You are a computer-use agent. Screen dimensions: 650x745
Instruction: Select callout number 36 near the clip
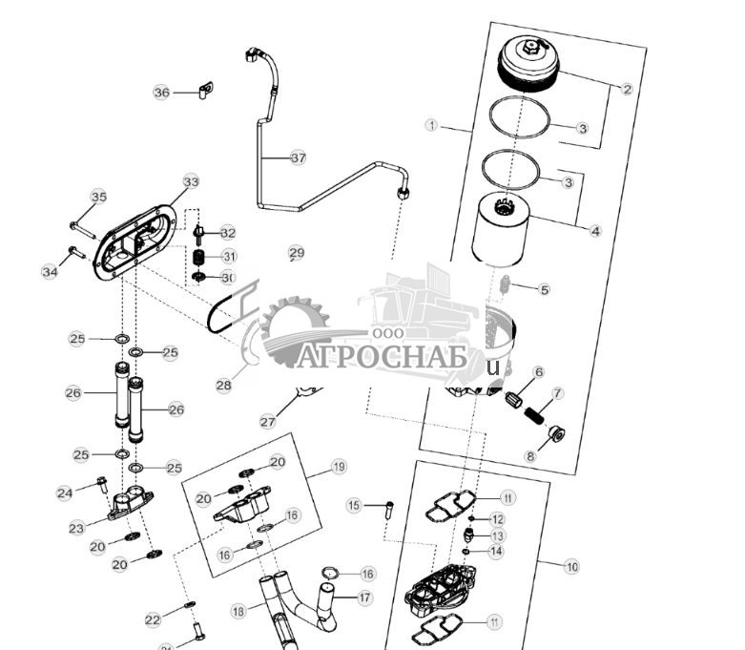[161, 93]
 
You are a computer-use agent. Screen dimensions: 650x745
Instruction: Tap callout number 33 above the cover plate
[191, 181]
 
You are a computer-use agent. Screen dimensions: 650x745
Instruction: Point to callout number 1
[432, 125]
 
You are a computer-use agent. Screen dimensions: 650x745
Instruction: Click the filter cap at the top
[528, 67]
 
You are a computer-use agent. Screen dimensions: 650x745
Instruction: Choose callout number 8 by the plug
[532, 456]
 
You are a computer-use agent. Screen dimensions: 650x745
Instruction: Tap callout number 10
[571, 567]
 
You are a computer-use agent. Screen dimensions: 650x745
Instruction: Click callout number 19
[339, 467]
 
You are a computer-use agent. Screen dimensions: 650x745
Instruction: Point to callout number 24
[65, 493]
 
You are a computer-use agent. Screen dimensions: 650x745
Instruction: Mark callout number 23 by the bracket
[76, 527]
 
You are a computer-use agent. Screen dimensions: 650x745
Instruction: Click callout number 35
[99, 197]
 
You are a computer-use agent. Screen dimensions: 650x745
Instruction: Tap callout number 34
[50, 272]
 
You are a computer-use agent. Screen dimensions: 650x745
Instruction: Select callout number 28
[223, 386]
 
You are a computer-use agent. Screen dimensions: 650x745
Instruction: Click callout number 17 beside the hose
[365, 598]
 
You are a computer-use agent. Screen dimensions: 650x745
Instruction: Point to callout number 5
[545, 289]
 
